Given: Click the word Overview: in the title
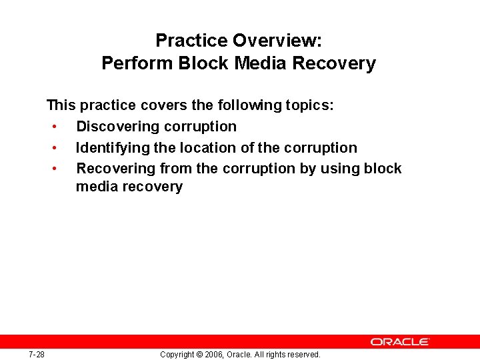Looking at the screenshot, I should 277,41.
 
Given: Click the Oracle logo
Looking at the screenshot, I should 400,341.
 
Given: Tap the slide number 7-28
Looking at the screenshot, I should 37,354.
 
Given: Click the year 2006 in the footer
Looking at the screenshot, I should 213,355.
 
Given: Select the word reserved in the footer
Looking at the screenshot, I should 304,355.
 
